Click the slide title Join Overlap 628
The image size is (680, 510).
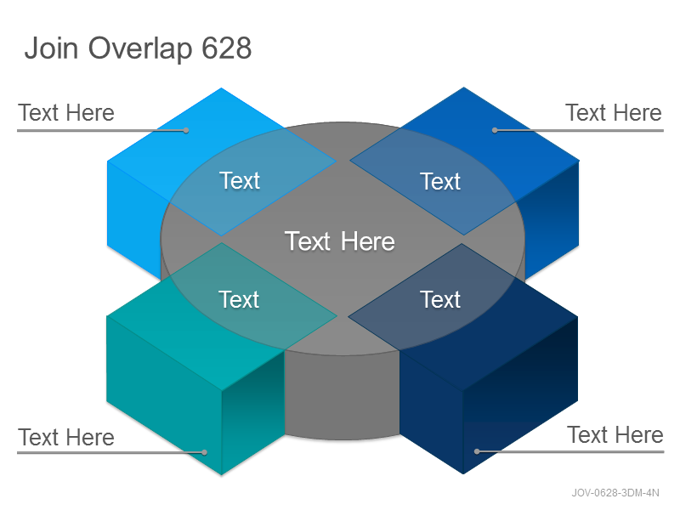point(138,48)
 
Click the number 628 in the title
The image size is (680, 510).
point(227,48)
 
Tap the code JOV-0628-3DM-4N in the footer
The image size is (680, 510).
point(615,493)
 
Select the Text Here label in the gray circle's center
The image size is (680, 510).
point(339,241)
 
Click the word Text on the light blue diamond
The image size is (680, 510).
point(240,180)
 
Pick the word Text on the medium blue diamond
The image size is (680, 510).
point(439,181)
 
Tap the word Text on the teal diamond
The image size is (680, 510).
point(239,299)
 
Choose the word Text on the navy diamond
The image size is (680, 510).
point(439,299)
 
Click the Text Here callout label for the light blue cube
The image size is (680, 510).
point(66,113)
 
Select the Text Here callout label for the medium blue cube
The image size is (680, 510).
point(614,113)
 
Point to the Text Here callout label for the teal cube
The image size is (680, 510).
point(66,437)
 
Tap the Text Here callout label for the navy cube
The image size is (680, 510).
point(615,434)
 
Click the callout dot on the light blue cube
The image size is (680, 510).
point(186,130)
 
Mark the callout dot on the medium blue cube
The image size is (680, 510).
point(495,130)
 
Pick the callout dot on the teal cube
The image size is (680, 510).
point(204,452)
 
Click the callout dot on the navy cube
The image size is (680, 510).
point(477,451)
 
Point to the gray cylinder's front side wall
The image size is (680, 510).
point(342,394)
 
